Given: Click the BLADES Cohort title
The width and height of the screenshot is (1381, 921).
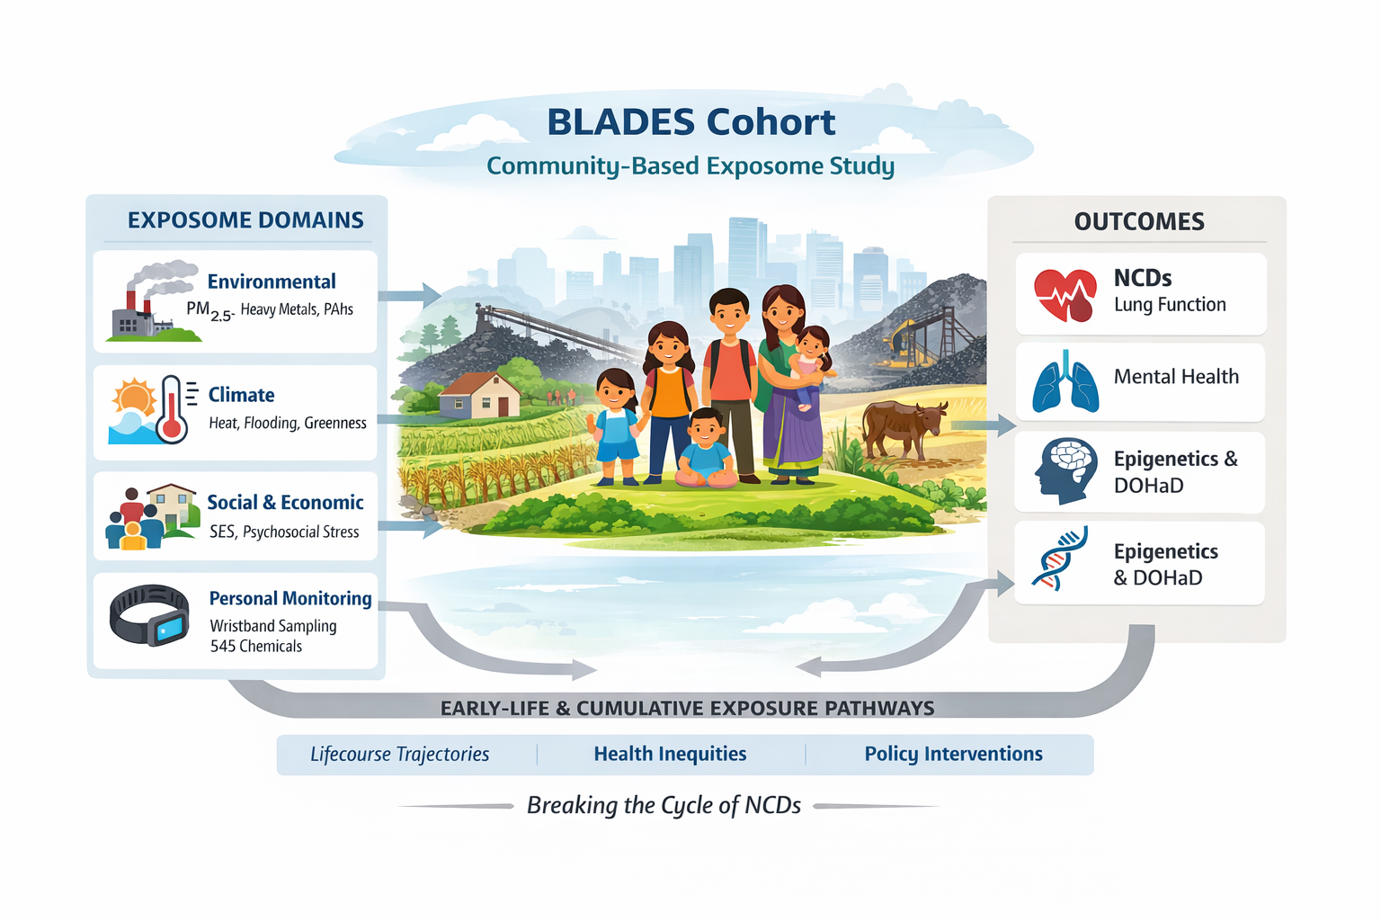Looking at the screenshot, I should (x=690, y=122).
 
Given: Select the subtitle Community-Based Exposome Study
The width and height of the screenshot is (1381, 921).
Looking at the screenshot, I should (x=690, y=166).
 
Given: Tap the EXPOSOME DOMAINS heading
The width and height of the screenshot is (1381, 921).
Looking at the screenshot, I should (x=245, y=220).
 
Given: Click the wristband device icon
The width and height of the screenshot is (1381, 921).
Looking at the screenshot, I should (x=149, y=616).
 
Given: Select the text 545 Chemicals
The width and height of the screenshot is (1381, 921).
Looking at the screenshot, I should (x=256, y=647).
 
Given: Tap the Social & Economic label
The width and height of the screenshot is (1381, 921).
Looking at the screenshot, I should (x=285, y=503).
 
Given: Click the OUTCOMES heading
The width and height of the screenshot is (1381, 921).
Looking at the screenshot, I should (x=1139, y=222).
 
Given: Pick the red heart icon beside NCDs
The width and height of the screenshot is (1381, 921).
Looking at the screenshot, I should (x=1065, y=294).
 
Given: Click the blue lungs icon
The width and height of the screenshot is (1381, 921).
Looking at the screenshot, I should (x=1065, y=383).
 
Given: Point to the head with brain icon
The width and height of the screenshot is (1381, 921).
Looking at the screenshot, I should (x=1065, y=470).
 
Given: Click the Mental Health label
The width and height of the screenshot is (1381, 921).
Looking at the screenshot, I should (x=1176, y=377).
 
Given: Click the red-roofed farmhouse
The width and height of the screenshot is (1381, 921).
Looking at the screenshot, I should (x=481, y=396).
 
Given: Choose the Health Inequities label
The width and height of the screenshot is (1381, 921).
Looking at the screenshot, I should (x=670, y=755).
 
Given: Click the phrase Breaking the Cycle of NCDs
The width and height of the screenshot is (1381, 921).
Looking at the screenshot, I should (x=664, y=806).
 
